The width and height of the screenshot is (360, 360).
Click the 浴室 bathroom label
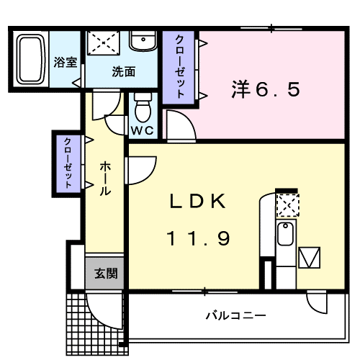tap(66, 62)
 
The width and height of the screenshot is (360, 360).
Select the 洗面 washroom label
tap(123, 71)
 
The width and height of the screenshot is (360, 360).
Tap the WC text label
tap(143, 131)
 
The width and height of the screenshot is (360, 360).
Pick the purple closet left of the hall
tap(68, 163)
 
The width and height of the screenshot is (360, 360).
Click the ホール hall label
tap(104, 179)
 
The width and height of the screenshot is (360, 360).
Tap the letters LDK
tap(199, 202)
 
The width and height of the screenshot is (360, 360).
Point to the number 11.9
tap(199, 238)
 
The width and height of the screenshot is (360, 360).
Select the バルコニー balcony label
tap(235, 315)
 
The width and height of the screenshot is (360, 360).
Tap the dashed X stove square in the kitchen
tap(287, 205)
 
